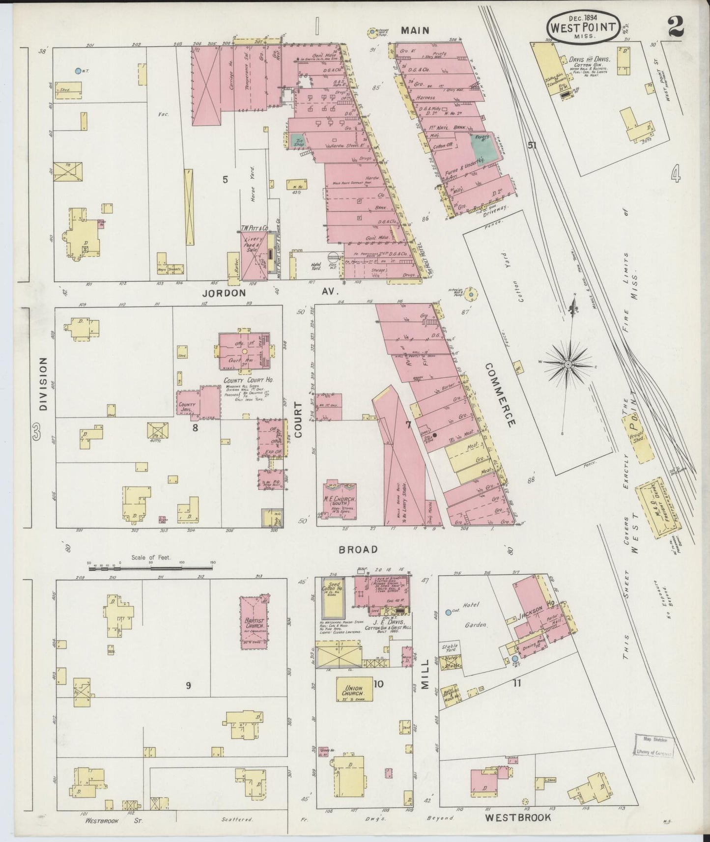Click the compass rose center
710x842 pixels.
(x=568, y=365)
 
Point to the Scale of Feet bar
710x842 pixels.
(x=147, y=568)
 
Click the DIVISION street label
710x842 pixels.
(x=43, y=383)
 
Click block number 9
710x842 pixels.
(x=188, y=686)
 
